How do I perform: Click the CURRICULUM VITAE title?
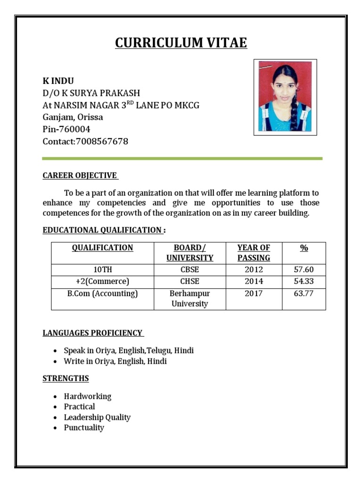tap(181, 43)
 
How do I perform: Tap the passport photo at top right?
tap(285, 97)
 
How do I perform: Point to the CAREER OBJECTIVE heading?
tap(80, 175)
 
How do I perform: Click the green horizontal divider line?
tap(182, 158)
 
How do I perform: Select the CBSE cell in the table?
tap(189, 270)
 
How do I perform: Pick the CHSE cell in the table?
tap(189, 281)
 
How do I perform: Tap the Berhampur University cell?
tap(189, 299)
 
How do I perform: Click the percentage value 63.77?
tap(304, 293)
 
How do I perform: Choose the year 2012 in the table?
tap(254, 270)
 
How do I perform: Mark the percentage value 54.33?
tap(304, 281)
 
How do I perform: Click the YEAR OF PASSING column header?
tap(254, 253)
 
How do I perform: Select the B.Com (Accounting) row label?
tap(102, 293)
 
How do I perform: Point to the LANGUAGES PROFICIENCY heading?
tap(92, 333)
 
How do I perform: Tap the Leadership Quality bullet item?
tap(97, 417)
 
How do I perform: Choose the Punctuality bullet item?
tap(84, 428)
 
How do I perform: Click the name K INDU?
tap(58, 81)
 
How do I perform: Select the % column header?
tap(304, 248)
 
